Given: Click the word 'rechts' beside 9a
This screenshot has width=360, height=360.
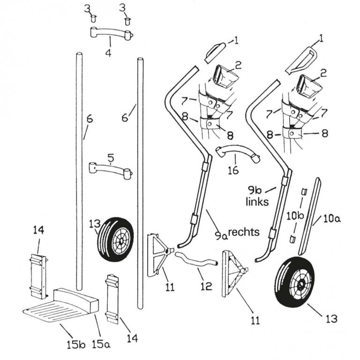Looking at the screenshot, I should click(x=244, y=232).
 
